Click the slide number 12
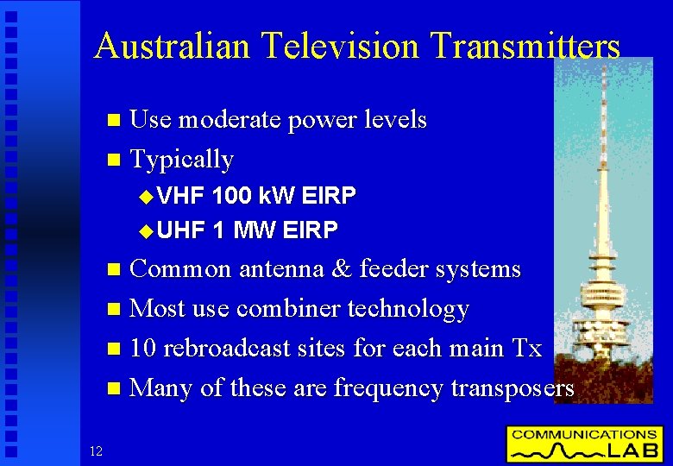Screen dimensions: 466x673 96,450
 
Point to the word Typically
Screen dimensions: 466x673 181,160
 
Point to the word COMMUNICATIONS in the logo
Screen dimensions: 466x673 584,434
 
